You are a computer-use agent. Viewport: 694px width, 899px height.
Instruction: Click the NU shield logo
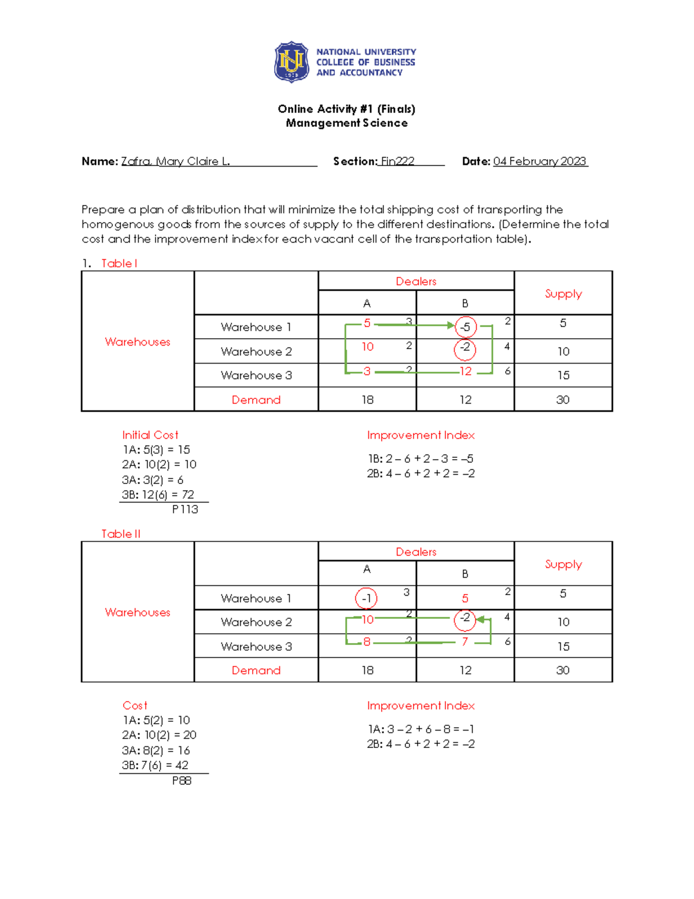(291, 62)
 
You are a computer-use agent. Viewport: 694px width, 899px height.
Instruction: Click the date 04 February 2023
(540, 162)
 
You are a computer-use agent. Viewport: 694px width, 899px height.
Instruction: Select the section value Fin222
(397, 162)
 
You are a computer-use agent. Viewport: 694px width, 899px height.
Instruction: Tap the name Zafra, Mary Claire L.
(175, 162)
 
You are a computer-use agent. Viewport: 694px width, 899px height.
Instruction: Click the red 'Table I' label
(119, 263)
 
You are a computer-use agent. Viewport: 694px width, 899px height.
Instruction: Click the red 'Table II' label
(121, 534)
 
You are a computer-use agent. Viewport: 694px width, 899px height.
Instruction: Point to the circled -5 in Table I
(466, 327)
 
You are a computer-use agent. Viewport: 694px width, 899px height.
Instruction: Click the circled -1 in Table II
(366, 598)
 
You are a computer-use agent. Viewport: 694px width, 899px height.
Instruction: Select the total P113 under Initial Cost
(185, 509)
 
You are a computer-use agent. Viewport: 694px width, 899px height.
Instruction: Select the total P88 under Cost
(182, 780)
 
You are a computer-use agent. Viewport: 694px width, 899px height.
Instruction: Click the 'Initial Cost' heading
(150, 435)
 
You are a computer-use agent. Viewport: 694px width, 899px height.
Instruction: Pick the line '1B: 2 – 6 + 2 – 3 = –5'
(420, 458)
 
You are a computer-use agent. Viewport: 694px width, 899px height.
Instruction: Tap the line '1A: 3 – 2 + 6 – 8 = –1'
(420, 729)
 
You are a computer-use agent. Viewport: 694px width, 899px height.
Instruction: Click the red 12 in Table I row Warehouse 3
(466, 371)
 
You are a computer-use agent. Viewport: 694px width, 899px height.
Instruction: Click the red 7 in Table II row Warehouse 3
(464, 641)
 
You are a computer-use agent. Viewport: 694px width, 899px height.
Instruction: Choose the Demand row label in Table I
(256, 399)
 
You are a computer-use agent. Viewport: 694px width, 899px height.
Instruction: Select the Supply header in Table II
(563, 564)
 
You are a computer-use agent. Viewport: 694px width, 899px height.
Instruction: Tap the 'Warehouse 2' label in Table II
(256, 622)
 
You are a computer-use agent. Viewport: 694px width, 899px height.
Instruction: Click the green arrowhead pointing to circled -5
(451, 325)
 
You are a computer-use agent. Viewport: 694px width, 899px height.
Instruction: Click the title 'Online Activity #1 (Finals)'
(346, 109)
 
